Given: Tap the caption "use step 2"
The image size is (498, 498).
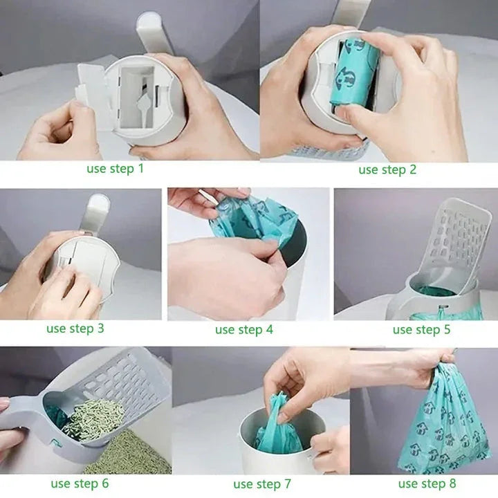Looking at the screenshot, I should click(x=387, y=169).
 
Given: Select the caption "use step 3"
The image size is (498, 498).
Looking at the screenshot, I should click(x=75, y=328).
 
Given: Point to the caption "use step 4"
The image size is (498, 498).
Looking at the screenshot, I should click(x=243, y=329).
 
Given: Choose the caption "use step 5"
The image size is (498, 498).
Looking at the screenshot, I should click(x=421, y=329).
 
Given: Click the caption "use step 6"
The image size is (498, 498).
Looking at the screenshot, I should click(x=80, y=483).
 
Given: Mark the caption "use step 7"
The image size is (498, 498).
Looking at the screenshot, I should click(x=262, y=483).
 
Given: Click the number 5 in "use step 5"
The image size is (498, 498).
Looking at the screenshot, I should click(x=446, y=329).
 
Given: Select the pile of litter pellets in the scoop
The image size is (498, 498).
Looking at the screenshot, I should click(x=93, y=419).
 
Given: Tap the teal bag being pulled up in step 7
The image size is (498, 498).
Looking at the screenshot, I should click(x=280, y=425).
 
